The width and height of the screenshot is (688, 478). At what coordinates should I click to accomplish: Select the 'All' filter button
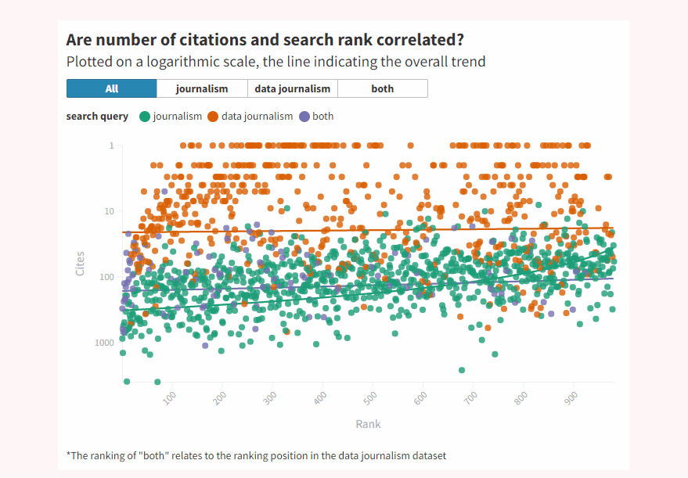tap(112, 88)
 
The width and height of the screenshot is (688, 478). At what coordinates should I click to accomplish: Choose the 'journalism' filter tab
tap(202, 88)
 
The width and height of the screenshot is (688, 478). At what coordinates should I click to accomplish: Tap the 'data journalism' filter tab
tap(293, 88)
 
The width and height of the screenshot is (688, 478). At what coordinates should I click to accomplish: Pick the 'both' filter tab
tap(383, 88)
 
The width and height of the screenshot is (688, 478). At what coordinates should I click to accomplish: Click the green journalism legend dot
tap(145, 117)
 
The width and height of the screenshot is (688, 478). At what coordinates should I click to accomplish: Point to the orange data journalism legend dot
tap(213, 117)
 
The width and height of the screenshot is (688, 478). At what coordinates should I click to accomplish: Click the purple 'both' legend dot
tap(304, 117)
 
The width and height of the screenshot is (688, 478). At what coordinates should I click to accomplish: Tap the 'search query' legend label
tap(97, 117)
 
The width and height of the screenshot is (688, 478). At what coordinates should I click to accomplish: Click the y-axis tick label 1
tap(112, 146)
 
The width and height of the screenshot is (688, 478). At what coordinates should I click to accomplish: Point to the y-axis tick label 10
tap(110, 211)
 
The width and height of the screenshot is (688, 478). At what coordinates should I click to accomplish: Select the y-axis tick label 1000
tap(106, 343)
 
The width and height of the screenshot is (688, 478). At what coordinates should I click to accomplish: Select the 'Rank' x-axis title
tap(368, 424)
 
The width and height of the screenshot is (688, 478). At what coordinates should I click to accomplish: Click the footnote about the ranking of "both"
tap(257, 455)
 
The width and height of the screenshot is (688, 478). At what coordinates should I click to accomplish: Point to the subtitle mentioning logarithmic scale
tap(276, 62)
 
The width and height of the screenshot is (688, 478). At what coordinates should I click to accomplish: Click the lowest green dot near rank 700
tap(462, 370)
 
